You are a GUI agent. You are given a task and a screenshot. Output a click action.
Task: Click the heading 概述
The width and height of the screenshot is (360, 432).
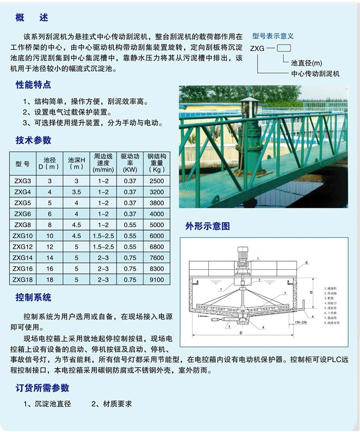click(x=32, y=18)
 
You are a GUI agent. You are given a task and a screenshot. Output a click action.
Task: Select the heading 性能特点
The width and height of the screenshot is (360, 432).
click(x=34, y=85)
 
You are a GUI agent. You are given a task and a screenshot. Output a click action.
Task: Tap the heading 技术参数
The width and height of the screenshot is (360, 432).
click(x=34, y=140)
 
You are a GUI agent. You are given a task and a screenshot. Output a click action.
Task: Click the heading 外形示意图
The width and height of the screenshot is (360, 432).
click(x=208, y=226)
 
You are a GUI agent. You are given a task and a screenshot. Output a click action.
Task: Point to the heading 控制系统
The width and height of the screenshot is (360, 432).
click(x=34, y=297)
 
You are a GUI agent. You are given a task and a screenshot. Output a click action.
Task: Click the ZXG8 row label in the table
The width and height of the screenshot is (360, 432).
click(x=23, y=225)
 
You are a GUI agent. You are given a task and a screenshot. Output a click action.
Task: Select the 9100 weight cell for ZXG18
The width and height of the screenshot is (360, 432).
click(x=156, y=279)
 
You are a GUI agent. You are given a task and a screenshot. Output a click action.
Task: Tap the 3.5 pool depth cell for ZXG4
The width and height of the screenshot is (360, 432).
click(x=76, y=192)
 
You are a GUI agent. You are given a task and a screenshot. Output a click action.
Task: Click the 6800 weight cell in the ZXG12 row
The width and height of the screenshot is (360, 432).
click(x=156, y=247)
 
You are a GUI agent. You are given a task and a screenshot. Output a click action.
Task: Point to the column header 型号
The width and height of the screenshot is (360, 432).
click(x=23, y=163)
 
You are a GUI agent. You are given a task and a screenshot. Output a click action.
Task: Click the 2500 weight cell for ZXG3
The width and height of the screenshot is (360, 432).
click(x=156, y=181)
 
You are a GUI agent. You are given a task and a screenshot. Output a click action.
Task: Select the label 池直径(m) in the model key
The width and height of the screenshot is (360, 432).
click(x=306, y=63)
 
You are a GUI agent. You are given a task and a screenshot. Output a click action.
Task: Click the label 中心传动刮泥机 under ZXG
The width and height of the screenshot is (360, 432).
click(x=315, y=73)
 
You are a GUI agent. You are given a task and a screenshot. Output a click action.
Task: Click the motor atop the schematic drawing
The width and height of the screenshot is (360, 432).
click(x=243, y=254)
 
